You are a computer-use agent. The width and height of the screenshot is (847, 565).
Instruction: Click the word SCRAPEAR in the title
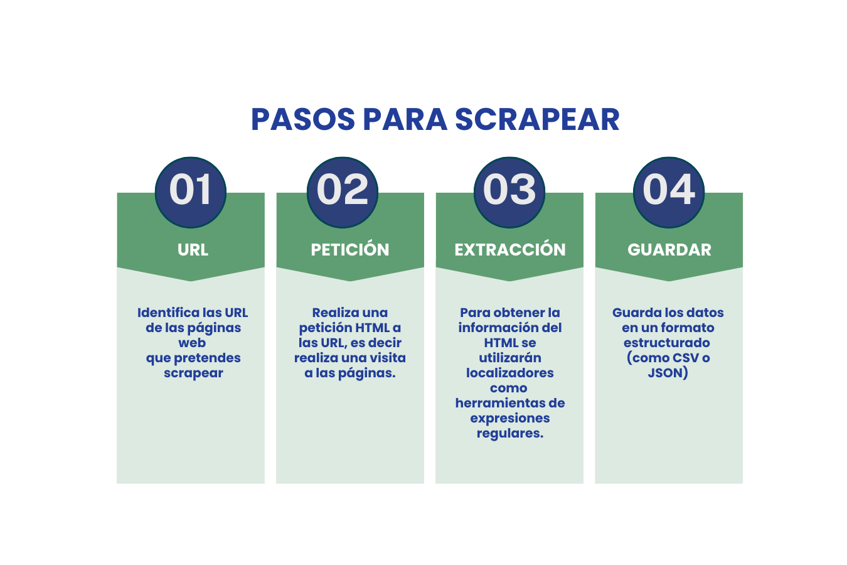tap(537, 119)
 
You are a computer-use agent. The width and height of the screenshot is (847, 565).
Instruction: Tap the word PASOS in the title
tap(303, 119)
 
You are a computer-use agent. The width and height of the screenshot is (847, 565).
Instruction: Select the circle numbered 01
tap(191, 191)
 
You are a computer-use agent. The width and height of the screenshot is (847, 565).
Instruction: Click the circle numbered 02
tap(343, 191)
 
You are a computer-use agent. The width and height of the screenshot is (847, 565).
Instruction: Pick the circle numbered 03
tap(509, 191)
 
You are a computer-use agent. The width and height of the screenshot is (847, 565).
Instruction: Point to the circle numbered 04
tap(669, 191)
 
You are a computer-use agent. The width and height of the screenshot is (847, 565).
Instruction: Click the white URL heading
tap(193, 250)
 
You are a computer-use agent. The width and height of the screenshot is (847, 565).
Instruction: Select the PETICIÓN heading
tap(350, 250)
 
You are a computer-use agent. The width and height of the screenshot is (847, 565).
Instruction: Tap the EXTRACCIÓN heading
tap(510, 250)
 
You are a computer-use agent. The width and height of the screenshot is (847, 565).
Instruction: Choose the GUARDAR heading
tap(669, 250)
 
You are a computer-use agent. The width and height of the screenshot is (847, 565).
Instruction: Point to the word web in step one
tap(192, 343)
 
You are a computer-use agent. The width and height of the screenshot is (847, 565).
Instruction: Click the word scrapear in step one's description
tap(193, 373)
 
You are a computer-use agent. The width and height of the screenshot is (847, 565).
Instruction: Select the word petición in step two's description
tap(326, 328)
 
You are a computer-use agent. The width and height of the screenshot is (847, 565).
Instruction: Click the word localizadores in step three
tap(510, 373)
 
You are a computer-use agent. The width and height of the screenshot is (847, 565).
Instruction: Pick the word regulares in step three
tap(509, 433)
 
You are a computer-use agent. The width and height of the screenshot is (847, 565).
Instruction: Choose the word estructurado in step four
tap(667, 343)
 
